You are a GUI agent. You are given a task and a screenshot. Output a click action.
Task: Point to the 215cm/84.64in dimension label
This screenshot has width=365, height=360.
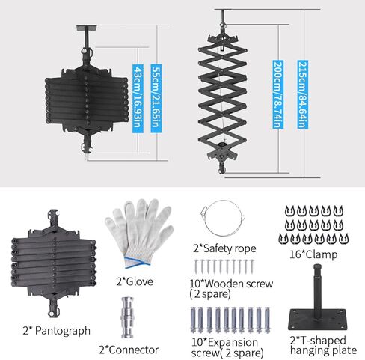301,95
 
